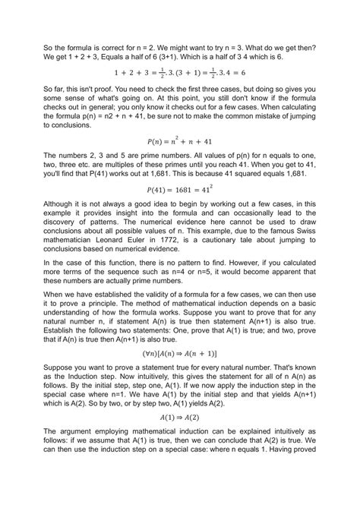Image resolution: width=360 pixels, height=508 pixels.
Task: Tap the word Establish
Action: click(x=64, y=331)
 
